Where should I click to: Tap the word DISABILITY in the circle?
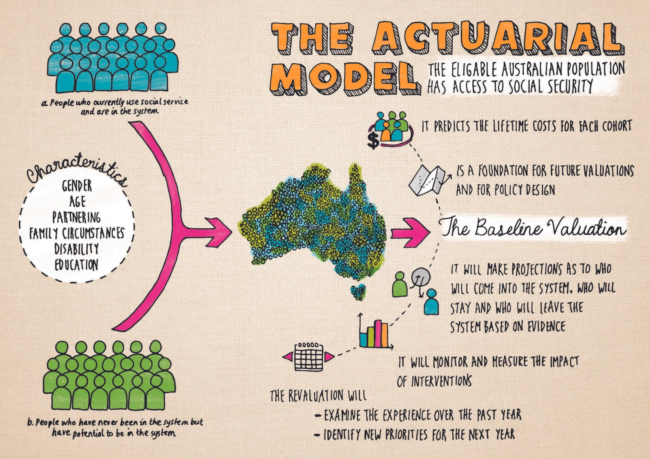pyautogui.click(x=76, y=249)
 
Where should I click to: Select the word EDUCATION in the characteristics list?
pyautogui.click(x=76, y=265)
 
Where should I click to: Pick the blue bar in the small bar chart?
pyautogui.click(x=363, y=340)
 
